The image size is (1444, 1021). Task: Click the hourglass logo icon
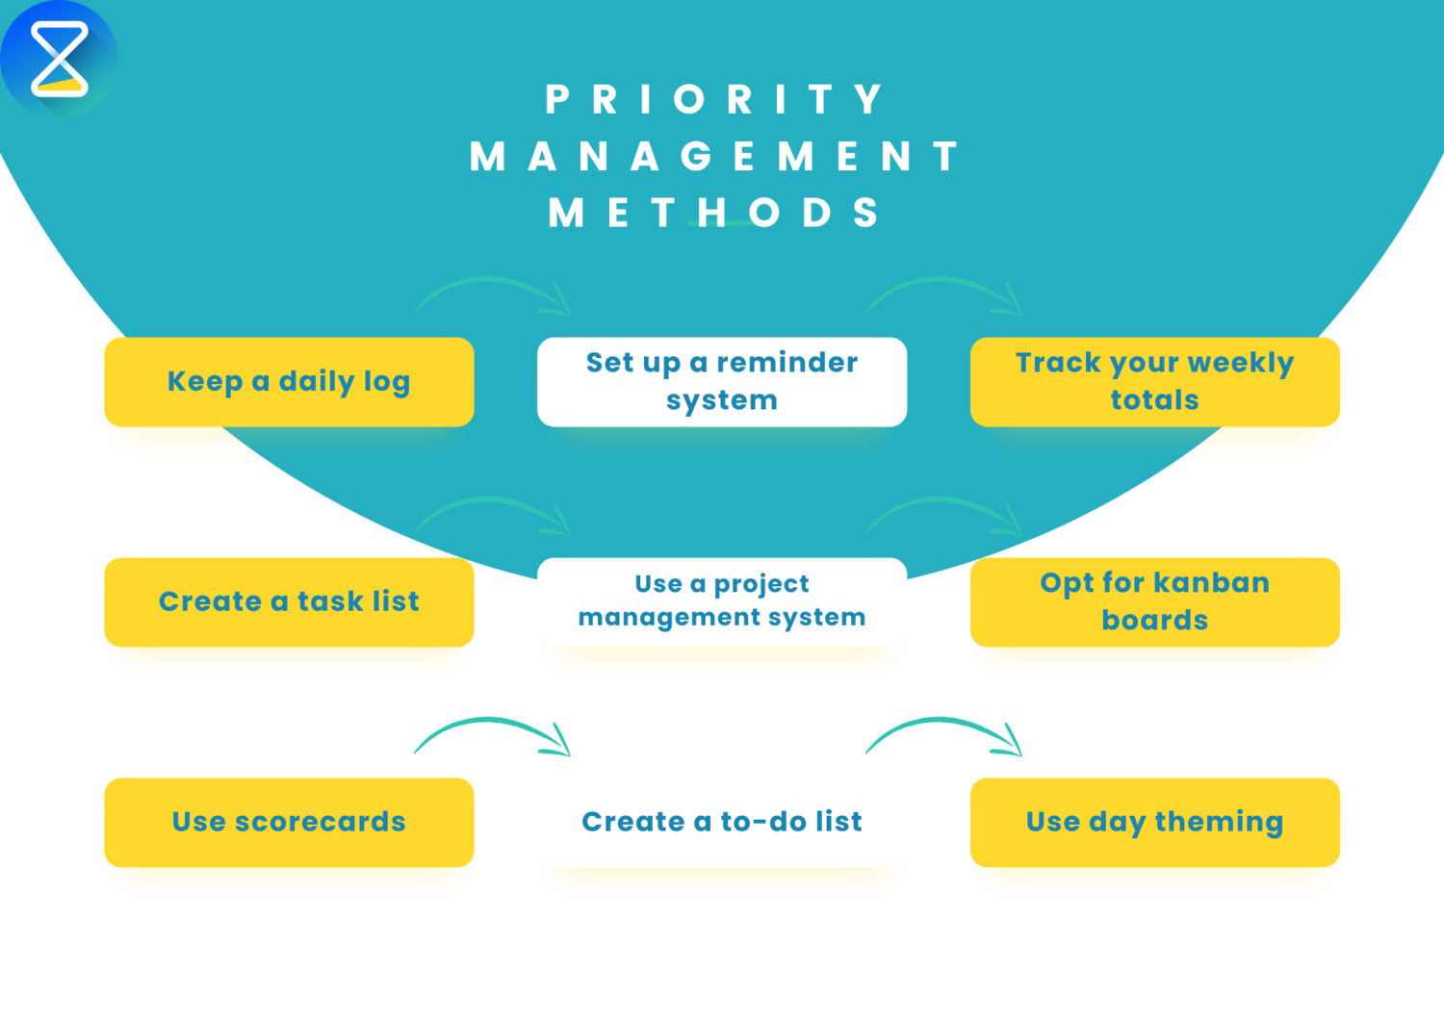coord(59,59)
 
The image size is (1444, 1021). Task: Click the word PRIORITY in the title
coord(713,99)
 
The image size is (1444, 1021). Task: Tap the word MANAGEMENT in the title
coord(713,156)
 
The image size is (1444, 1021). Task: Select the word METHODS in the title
coord(713,213)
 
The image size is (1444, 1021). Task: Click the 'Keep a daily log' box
coord(289,382)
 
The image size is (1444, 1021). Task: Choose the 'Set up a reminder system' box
coord(722,382)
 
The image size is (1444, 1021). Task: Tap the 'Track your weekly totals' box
coord(1154,382)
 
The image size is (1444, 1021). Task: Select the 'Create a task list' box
coord(289,602)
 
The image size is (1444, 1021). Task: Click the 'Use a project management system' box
coord(722,601)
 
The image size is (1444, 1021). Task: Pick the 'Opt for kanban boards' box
coord(1154,602)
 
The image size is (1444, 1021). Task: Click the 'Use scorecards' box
coord(289,823)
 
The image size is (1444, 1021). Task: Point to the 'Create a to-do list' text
coord(722,822)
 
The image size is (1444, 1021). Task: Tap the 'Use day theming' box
coord(1154,823)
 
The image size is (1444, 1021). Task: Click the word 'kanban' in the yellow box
coord(1211,583)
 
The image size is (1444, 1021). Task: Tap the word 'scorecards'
coord(320,822)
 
